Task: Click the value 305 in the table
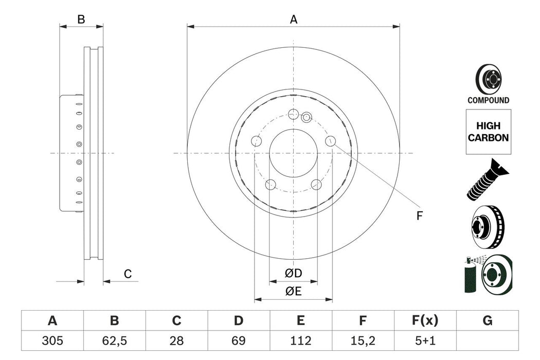[52, 340]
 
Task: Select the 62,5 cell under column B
[114, 340]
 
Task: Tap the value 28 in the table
[176, 340]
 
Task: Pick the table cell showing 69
[238, 340]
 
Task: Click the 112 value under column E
[300, 340]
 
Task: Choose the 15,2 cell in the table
[363, 340]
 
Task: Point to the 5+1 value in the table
[425, 340]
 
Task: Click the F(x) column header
[425, 321]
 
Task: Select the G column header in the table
[487, 321]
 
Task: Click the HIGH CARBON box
[488, 132]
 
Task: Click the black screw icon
[486, 181]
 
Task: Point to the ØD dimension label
[294, 273]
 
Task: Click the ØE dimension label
[294, 291]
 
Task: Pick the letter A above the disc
[294, 20]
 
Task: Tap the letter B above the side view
[81, 20]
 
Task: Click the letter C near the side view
[128, 274]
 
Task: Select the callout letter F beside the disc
[419, 216]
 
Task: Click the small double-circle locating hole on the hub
[307, 117]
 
